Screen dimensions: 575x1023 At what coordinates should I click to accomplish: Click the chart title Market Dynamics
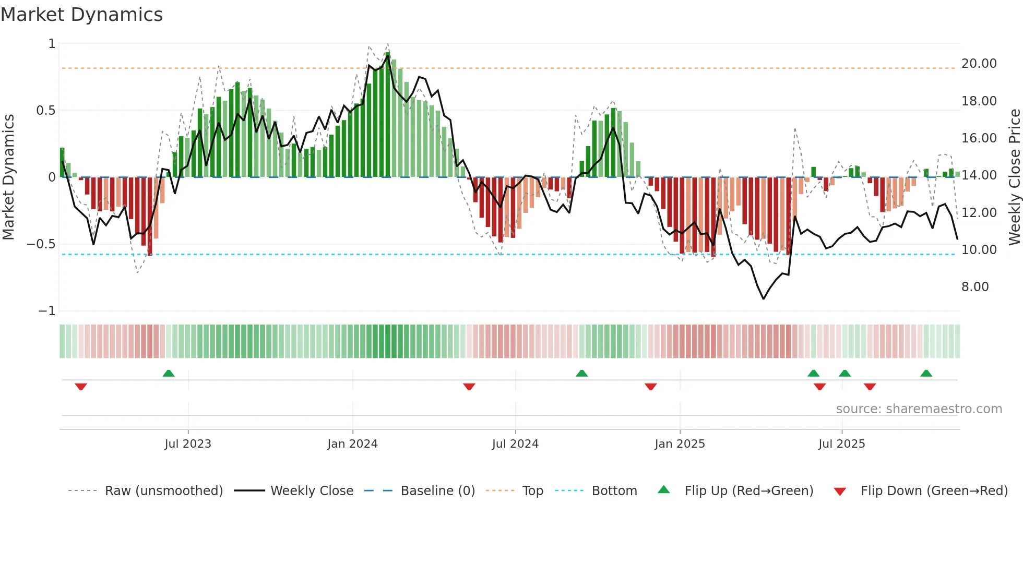pos(81,15)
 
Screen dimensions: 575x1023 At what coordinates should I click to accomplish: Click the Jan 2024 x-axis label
pos(352,444)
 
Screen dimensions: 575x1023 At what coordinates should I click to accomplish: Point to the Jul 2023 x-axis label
pos(188,444)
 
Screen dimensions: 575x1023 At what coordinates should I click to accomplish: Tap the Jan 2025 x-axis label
pos(680,444)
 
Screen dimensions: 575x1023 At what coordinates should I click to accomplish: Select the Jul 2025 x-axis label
pos(841,444)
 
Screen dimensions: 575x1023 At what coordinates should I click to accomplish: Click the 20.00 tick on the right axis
pos(979,64)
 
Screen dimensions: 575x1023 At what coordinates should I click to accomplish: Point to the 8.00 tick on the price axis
pos(974,287)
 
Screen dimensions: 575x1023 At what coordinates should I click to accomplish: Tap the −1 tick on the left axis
pos(46,311)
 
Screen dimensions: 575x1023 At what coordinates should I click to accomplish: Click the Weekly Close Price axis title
pos(1014,177)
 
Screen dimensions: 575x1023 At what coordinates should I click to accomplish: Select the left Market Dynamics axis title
pos(8,177)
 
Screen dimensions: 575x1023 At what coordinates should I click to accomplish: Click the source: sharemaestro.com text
pos(919,409)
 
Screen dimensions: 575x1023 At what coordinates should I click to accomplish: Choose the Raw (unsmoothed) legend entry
pos(163,491)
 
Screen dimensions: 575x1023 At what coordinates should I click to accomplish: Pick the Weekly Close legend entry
pos(312,491)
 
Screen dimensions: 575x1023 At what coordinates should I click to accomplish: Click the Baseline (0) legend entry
pos(437,491)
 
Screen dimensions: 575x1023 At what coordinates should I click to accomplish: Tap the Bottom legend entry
pos(614,491)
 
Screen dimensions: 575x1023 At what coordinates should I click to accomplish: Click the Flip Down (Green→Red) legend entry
pos(934,491)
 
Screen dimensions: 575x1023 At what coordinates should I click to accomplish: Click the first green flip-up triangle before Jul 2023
pos(168,373)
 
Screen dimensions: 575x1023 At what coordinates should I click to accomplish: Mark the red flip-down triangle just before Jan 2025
pos(650,387)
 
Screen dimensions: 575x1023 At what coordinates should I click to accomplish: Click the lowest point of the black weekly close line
pos(764,298)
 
